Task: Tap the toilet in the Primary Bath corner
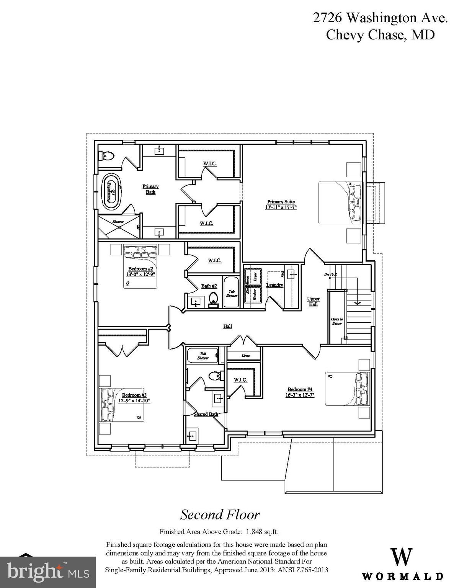(107, 156)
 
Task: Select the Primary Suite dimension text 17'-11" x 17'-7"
(281, 207)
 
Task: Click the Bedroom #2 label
(140, 268)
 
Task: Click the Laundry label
(274, 285)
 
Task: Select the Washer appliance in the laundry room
(255, 296)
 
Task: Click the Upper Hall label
(313, 301)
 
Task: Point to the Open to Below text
(337, 321)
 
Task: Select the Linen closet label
(246, 355)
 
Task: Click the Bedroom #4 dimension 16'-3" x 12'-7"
(300, 395)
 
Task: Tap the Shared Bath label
(206, 414)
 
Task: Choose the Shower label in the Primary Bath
(118, 222)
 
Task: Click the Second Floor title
(220, 514)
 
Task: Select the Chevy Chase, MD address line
(380, 35)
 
